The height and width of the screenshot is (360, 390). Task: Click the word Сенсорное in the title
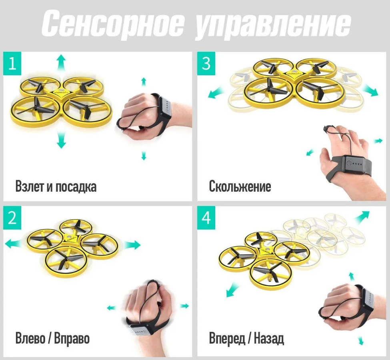coord(113,25)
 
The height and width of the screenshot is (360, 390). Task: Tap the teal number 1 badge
coord(13,64)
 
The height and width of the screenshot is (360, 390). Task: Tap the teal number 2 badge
coord(13,218)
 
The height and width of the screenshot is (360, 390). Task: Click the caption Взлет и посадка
coord(56,186)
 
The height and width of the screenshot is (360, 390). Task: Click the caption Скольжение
coord(240,186)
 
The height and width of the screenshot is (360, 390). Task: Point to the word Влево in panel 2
coord(30,338)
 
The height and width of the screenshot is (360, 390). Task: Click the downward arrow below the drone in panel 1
coord(61,141)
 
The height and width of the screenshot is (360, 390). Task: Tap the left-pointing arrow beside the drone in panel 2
coord(14,243)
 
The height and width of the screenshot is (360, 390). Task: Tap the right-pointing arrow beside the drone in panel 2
coord(132,245)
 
